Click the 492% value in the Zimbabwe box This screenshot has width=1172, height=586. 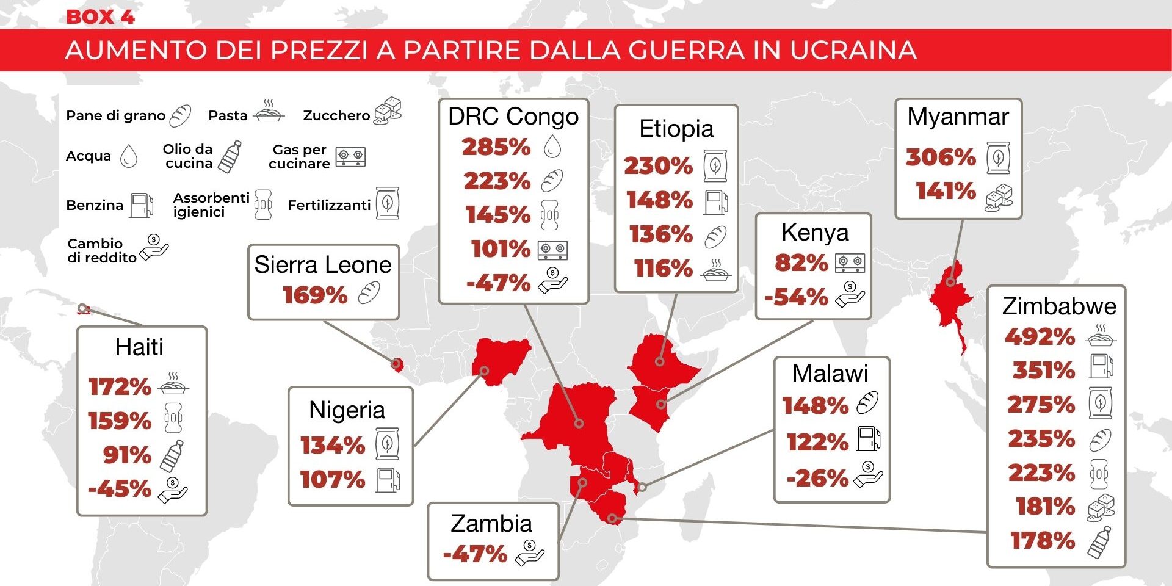(1040, 336)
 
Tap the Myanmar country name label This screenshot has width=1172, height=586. (958, 116)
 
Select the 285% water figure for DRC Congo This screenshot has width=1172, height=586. (496, 147)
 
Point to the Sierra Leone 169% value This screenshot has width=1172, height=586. (315, 295)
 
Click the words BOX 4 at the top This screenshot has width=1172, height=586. (100, 16)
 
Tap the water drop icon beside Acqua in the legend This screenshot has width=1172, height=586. (129, 156)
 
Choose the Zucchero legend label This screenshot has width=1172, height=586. (336, 115)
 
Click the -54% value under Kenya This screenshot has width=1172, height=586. (796, 297)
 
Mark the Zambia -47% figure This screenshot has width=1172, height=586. (475, 554)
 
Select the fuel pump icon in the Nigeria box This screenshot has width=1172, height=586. (388, 480)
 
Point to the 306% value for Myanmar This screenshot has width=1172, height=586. (941, 157)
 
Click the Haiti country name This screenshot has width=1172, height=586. (139, 347)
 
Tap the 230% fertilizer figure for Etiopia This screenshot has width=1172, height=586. (658, 166)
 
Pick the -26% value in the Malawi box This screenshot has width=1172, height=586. (817, 478)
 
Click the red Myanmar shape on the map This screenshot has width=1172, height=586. (949, 299)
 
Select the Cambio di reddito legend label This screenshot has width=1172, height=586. (101, 250)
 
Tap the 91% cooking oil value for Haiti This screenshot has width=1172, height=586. (127, 455)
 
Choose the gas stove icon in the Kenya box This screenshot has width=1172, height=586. (850, 263)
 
